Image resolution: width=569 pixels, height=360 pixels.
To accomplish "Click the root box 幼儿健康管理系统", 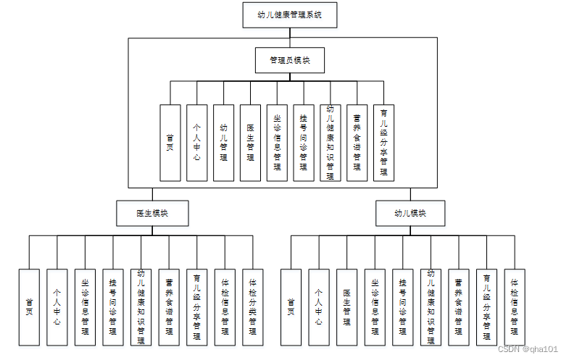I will (289, 14).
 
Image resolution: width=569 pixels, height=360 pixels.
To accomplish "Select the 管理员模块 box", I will (289, 60).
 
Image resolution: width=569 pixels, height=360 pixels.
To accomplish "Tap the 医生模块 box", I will (152, 213).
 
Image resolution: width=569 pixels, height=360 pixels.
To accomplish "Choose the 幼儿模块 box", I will (410, 213).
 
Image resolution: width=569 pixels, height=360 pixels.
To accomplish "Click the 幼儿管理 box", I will (223, 143).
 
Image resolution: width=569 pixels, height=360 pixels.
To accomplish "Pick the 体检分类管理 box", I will (252, 306).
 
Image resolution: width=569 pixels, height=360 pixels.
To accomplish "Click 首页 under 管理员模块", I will (170, 143).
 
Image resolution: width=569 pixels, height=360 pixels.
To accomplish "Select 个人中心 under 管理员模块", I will (196, 143).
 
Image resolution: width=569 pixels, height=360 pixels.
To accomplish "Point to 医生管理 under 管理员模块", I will (250, 143).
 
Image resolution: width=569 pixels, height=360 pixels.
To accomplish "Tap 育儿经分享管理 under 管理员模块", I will (383, 143).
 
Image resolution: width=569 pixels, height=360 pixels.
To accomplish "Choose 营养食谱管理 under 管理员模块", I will (357, 143).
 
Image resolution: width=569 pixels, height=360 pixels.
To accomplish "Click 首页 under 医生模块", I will (29, 306).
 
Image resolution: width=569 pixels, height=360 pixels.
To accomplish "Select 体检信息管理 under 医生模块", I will (225, 306).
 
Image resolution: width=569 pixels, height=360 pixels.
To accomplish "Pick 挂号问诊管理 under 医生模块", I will (113, 306).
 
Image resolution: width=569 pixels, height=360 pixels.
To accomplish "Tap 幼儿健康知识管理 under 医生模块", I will (141, 306).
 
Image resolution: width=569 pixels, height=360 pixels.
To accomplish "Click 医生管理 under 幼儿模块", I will (346, 306).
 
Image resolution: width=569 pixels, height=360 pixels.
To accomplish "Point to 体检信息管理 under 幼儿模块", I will (515, 306).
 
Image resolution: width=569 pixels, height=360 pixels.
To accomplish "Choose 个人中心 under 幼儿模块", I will (318, 306).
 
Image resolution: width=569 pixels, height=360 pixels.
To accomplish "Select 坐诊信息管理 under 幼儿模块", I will (375, 306).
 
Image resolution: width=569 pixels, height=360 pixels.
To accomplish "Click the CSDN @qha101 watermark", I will (528, 348).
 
